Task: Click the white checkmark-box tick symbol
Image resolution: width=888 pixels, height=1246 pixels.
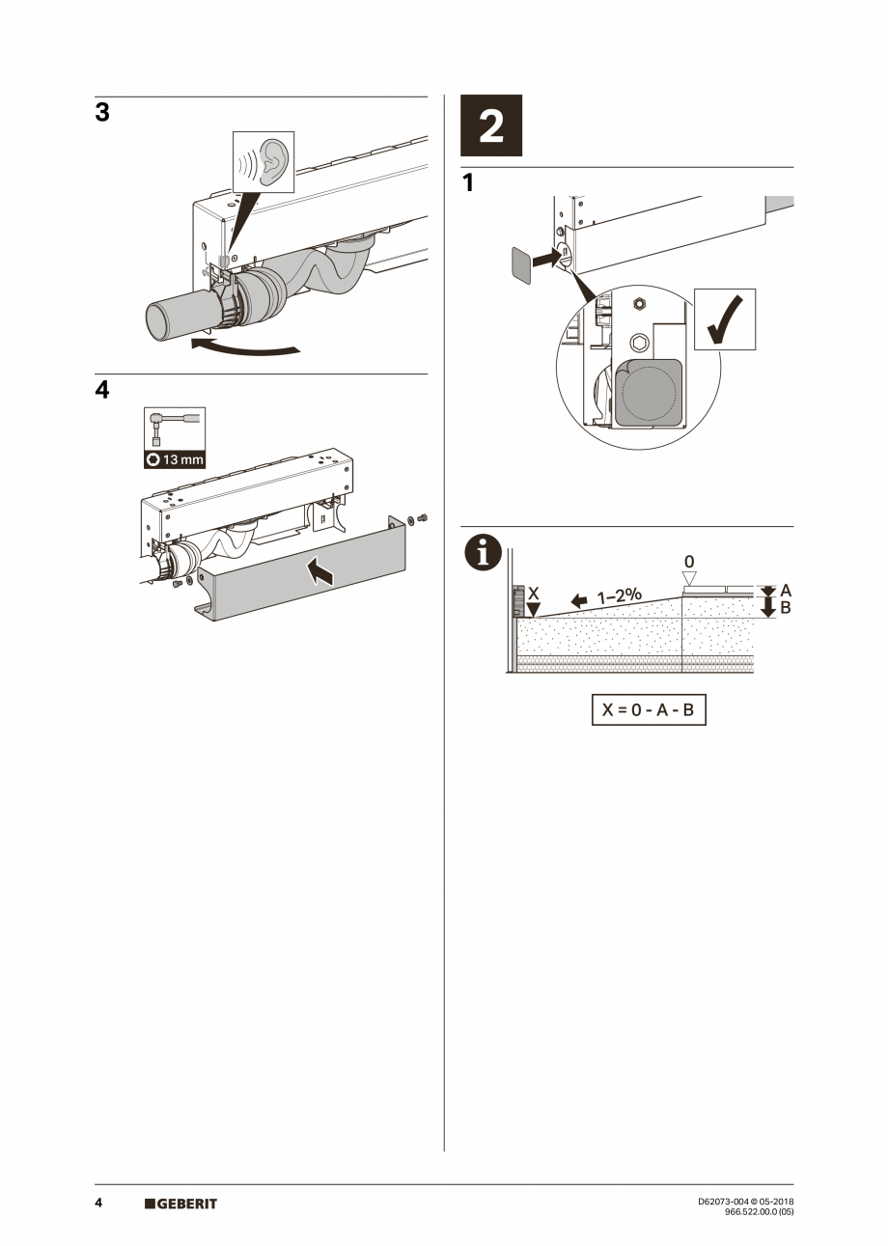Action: [725, 320]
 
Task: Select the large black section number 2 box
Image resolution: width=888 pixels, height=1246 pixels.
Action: [491, 126]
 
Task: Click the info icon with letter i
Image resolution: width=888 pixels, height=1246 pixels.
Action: [483, 552]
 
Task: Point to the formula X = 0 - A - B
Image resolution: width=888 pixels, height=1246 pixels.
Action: [649, 711]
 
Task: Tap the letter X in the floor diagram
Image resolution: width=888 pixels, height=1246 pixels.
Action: [534, 594]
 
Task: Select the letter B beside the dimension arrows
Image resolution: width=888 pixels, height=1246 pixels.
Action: [786, 608]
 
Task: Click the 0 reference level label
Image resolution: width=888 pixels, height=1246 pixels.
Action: [689, 562]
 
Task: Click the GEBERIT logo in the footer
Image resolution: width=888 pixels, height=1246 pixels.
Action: [181, 1204]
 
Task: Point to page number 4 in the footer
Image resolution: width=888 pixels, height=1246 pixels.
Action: [99, 1204]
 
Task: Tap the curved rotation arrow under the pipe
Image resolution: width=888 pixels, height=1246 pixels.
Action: [245, 346]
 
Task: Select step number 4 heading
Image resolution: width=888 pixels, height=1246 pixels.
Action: [102, 390]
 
